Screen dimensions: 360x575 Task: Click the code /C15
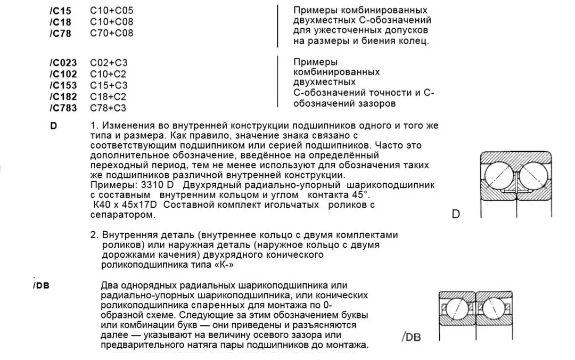click(60, 11)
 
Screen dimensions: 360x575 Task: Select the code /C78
click(60, 34)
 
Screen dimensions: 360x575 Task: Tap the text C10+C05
click(111, 11)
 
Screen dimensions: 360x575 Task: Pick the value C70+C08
click(111, 34)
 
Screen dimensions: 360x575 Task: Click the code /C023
click(63, 62)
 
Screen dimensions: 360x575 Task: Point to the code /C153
click(63, 85)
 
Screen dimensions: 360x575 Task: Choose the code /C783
click(63, 108)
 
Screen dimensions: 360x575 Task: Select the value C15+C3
click(109, 85)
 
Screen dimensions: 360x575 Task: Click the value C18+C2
click(109, 97)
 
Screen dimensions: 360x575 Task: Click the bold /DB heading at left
click(41, 286)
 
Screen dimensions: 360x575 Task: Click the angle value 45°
click(355, 194)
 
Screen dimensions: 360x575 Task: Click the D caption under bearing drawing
click(455, 215)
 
